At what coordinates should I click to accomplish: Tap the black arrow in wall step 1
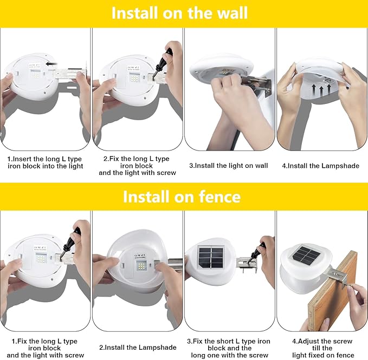click(52, 64)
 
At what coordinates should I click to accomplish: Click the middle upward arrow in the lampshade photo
click(321, 90)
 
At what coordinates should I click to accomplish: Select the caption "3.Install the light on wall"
click(228, 166)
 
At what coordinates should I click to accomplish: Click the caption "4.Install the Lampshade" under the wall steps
click(321, 166)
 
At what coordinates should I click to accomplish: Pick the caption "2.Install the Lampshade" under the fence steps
click(138, 348)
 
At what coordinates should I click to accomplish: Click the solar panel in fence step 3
click(211, 258)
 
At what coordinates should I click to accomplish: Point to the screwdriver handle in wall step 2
click(166, 58)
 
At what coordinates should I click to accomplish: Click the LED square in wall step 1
click(35, 75)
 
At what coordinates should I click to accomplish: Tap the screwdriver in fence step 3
click(256, 252)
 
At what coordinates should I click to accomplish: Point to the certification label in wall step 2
click(133, 68)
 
